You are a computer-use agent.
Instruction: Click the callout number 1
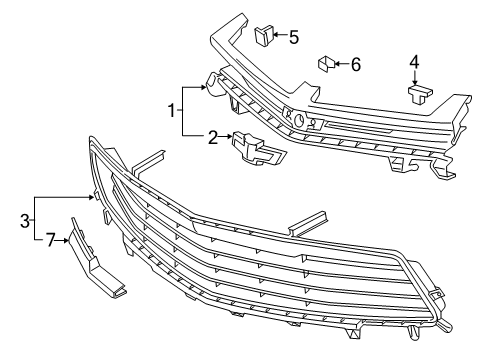(x=173, y=109)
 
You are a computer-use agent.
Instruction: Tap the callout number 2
(x=212, y=137)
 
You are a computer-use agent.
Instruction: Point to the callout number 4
(x=414, y=62)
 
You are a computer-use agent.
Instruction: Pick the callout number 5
(x=293, y=38)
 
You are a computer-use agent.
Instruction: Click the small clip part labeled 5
(x=263, y=37)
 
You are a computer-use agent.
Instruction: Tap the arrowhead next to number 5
(x=275, y=38)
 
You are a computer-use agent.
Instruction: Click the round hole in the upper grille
(x=297, y=119)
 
